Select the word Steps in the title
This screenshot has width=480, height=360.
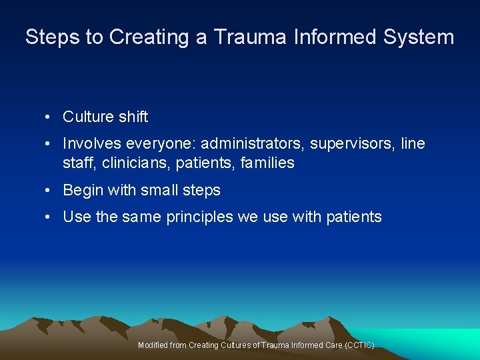(x=53, y=37)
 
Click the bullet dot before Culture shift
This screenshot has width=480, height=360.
(x=49, y=117)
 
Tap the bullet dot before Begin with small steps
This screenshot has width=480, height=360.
(x=49, y=191)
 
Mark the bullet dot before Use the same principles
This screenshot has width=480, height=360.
(x=49, y=217)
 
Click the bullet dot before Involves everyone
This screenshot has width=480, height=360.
(x=49, y=144)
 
